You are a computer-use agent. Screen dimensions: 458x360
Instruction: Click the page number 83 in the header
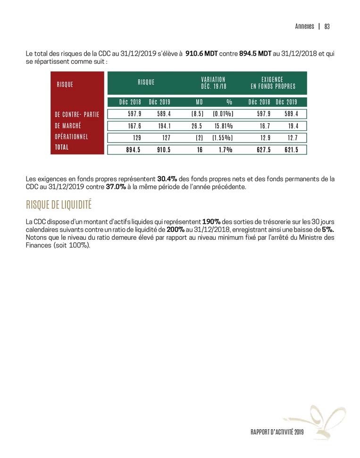(x=327, y=26)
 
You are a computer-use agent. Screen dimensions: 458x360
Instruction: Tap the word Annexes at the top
(x=304, y=26)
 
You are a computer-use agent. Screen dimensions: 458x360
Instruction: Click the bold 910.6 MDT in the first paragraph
(x=201, y=54)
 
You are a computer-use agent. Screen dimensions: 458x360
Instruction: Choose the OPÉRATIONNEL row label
(x=72, y=137)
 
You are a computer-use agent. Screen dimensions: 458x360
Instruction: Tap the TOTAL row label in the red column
(x=62, y=147)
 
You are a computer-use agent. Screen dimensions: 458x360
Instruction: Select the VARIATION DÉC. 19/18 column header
(x=213, y=83)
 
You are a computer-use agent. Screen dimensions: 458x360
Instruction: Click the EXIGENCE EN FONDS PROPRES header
(x=273, y=83)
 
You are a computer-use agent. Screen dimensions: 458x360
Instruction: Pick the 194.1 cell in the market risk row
(x=164, y=126)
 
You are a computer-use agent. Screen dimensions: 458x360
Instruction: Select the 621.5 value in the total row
(x=291, y=150)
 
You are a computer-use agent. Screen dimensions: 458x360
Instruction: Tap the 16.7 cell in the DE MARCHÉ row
(x=263, y=126)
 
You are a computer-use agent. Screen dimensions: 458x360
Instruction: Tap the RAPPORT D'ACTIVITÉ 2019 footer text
(x=277, y=432)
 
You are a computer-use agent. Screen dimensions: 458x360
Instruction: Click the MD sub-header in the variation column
(x=199, y=102)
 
